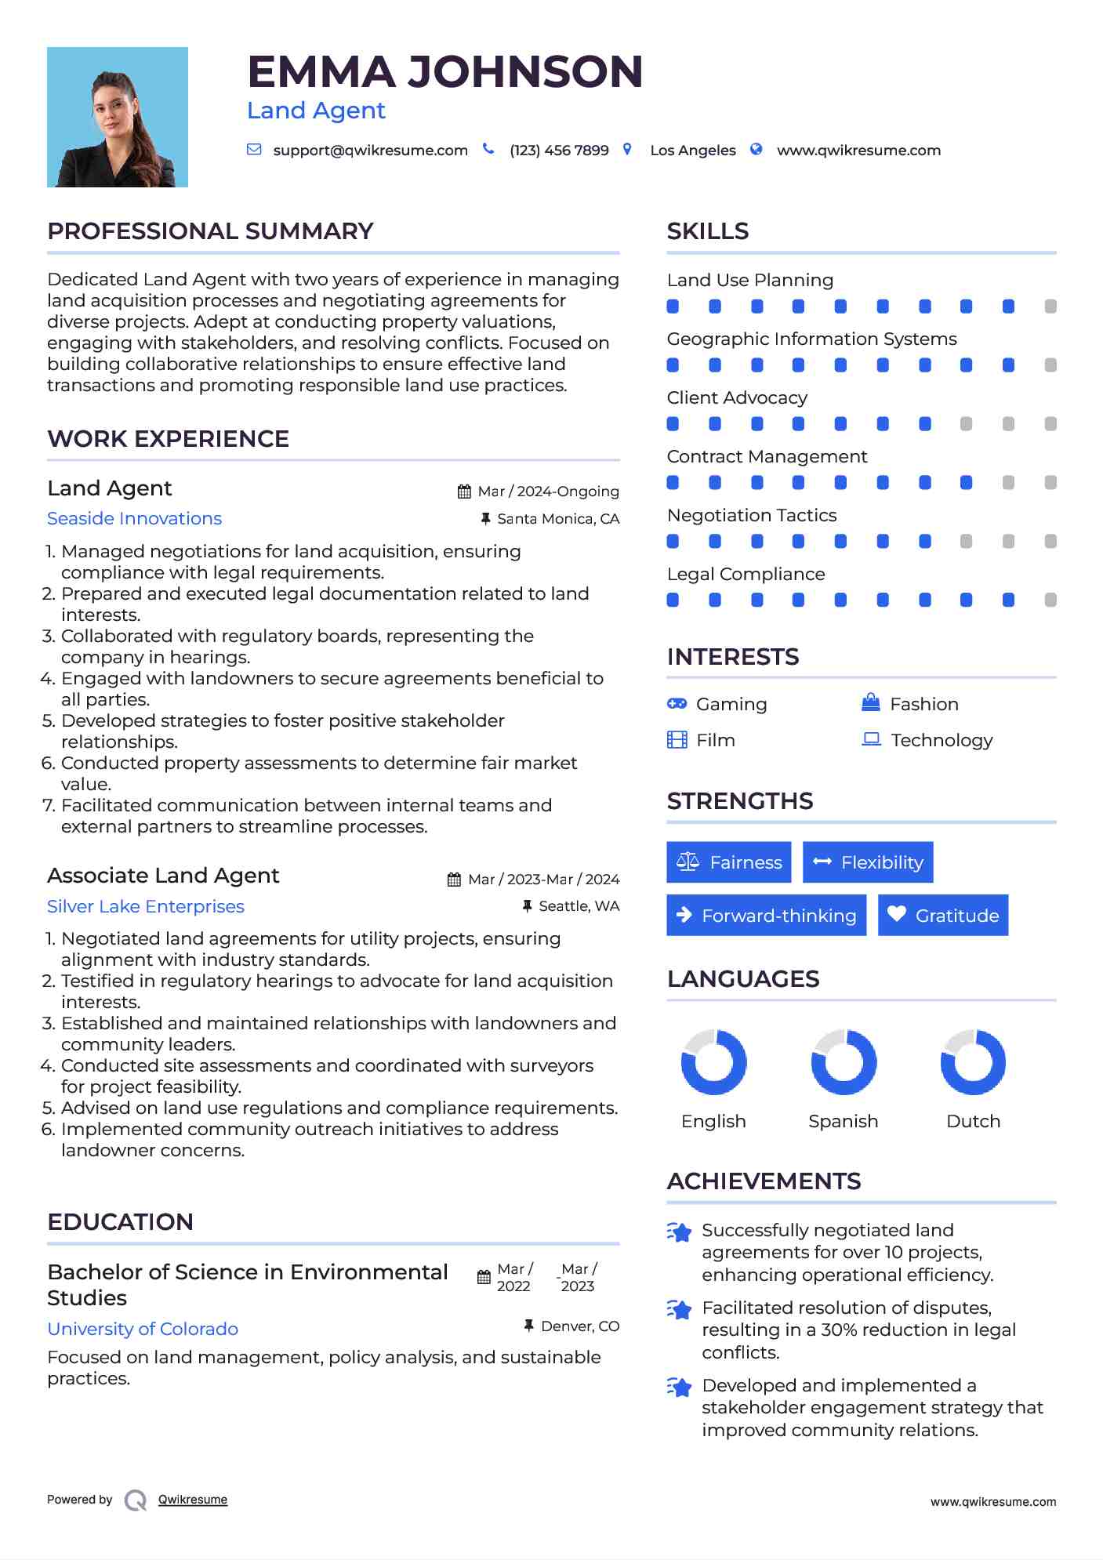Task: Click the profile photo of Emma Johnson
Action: pyautogui.click(x=118, y=118)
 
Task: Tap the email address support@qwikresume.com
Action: pyautogui.click(x=370, y=151)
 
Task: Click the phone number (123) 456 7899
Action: pyautogui.click(x=559, y=151)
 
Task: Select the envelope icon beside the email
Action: pyautogui.click(x=254, y=150)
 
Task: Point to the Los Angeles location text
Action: pyautogui.click(x=693, y=151)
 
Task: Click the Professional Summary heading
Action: pyautogui.click(x=210, y=231)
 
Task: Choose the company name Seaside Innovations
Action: pyautogui.click(x=134, y=519)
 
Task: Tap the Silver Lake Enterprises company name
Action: pyautogui.click(x=146, y=907)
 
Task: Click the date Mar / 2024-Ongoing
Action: pyautogui.click(x=548, y=492)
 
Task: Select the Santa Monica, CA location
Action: pyautogui.click(x=558, y=519)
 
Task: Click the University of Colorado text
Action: pyautogui.click(x=143, y=1330)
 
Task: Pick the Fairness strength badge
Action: pyautogui.click(x=729, y=862)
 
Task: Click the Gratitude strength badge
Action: pyautogui.click(x=943, y=916)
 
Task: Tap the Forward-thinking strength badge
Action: pyautogui.click(x=767, y=916)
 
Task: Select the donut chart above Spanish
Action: pyautogui.click(x=844, y=1062)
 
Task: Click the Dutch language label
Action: pyautogui.click(x=973, y=1122)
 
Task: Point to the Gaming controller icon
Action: pyautogui.click(x=677, y=704)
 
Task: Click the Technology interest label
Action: pyautogui.click(x=942, y=741)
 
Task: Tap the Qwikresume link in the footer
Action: pyautogui.click(x=193, y=1500)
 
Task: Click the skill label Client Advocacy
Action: pyautogui.click(x=737, y=398)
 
